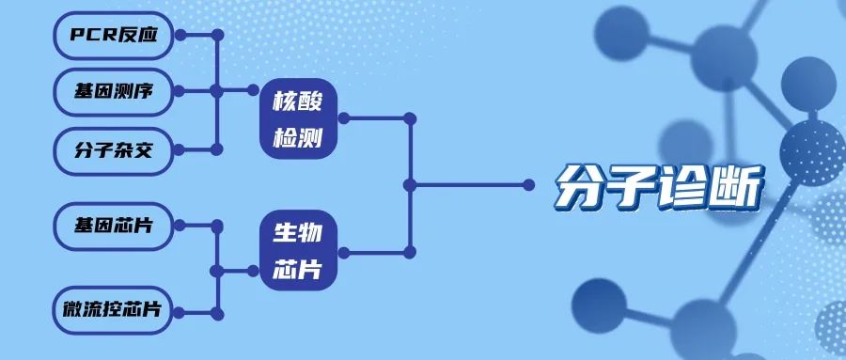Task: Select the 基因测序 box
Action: click(114, 92)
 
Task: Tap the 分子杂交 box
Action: click(114, 149)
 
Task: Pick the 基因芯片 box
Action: click(114, 226)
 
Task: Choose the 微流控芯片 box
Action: click(114, 310)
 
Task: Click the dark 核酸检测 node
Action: click(298, 118)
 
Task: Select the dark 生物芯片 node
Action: click(298, 251)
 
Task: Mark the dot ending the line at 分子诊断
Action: click(529, 184)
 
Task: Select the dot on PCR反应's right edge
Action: click(180, 36)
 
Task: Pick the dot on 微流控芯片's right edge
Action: click(180, 311)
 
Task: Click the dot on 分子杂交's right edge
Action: click(180, 149)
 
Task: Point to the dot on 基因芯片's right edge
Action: click(180, 226)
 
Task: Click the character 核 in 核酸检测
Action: click(284, 101)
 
